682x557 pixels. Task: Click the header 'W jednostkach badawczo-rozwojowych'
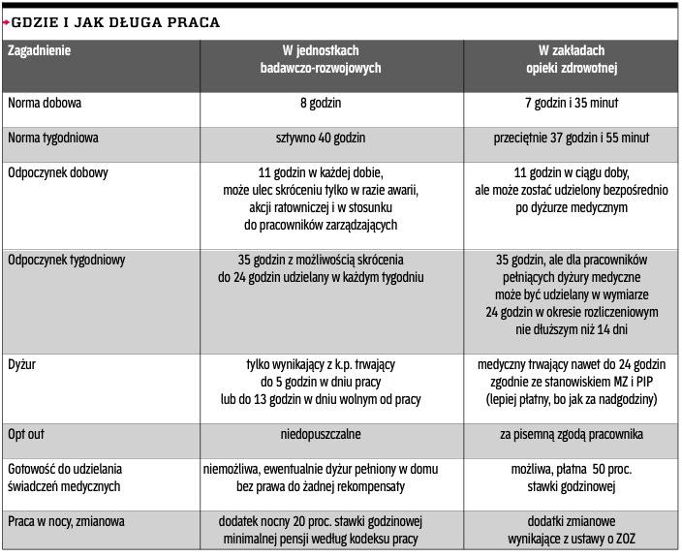[x=320, y=59]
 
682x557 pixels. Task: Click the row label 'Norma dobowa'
[x=44, y=103]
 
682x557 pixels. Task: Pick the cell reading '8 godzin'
[x=320, y=103]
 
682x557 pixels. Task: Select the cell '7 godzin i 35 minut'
[x=572, y=103]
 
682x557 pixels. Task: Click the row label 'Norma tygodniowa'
[x=53, y=139]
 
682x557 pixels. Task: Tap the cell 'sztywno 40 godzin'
[x=320, y=139]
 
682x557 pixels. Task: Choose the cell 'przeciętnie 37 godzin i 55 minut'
[x=572, y=139]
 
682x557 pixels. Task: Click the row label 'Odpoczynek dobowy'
[x=58, y=173]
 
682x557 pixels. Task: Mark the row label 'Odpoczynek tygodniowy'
[x=66, y=260]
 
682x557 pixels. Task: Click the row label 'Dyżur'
[x=22, y=364]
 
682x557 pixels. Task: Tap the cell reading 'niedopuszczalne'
[x=320, y=434]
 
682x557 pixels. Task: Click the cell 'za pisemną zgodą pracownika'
[x=572, y=434]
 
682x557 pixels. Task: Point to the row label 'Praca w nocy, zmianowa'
[x=66, y=520]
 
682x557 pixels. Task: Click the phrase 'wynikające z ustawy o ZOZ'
[x=572, y=538]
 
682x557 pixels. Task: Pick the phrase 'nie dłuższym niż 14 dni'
[x=572, y=329]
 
